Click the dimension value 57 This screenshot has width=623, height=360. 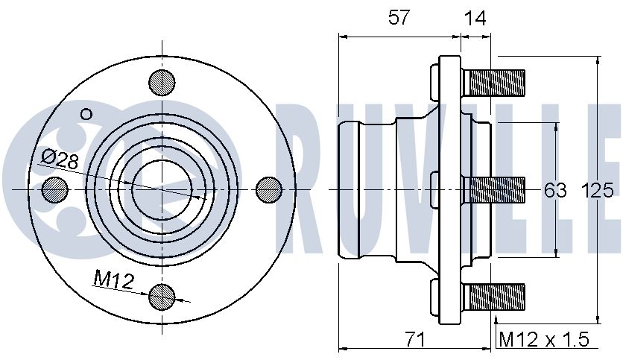[x=399, y=17]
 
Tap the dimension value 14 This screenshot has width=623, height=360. [x=475, y=18]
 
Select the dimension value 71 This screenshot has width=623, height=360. [x=415, y=339]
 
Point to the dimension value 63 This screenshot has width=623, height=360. [x=555, y=190]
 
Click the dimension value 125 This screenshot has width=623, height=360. [x=598, y=190]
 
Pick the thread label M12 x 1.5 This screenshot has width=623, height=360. [x=544, y=339]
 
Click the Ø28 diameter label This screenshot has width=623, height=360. [x=60, y=159]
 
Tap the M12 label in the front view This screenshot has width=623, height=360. [x=113, y=280]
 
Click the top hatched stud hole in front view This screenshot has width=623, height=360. [x=162, y=83]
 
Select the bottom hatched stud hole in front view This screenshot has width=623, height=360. [x=162, y=297]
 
